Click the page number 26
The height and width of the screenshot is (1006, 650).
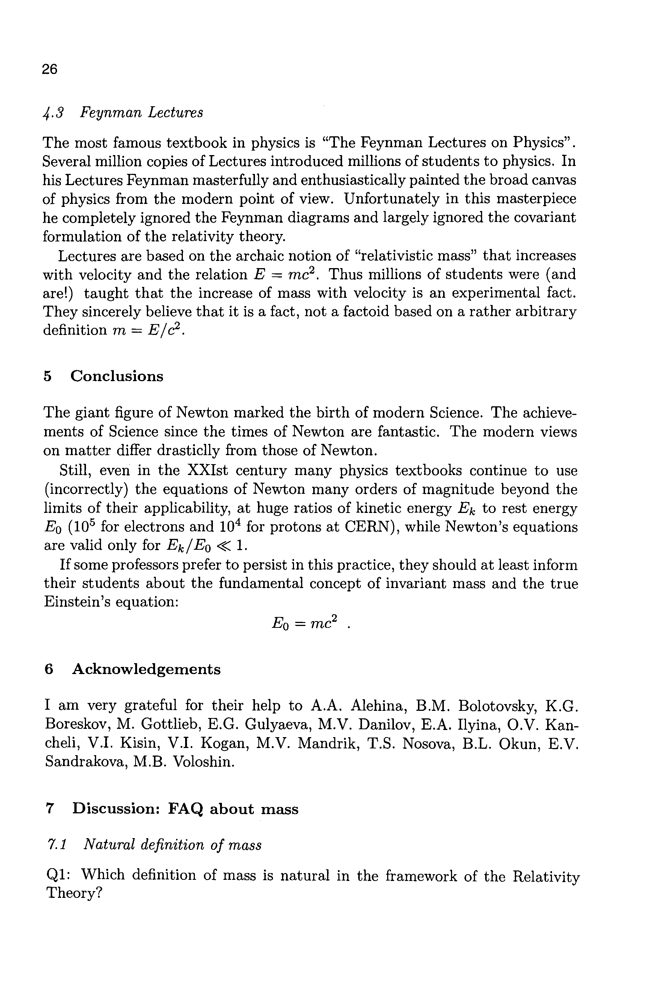50,69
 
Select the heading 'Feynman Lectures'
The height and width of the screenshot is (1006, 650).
142,113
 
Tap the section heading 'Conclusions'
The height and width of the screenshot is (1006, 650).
116,376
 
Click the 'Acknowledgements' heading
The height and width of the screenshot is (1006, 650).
146,669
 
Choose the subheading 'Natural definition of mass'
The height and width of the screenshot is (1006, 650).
172,845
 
